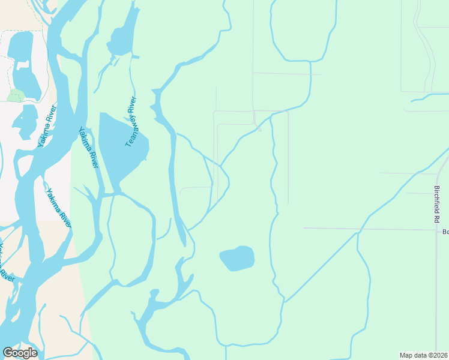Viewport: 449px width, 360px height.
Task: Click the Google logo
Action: [20, 353]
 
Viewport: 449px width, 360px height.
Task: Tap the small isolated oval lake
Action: [237, 258]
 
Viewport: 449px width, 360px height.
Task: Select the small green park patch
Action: [16, 95]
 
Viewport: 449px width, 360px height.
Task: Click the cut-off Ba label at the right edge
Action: [445, 232]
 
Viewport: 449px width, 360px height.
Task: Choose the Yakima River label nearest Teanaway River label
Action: [88, 148]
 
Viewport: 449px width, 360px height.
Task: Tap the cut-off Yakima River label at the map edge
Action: [6, 264]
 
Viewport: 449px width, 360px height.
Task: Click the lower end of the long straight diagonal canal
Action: [286, 300]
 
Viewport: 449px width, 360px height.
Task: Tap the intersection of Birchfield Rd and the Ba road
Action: [438, 229]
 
